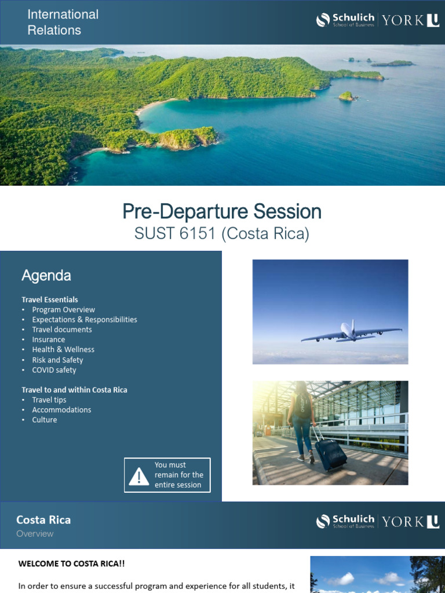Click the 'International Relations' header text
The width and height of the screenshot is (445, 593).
[63, 22]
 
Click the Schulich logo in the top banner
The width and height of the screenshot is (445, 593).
[345, 20]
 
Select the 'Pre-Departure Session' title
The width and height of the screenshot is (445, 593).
[222, 212]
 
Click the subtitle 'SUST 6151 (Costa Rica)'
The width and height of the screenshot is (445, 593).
[222, 234]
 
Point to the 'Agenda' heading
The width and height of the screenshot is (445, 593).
[46, 276]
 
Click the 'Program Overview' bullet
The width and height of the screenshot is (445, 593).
[63, 310]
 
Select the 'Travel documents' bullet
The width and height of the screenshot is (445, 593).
[62, 330]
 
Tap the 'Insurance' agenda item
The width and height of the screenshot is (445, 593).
[49, 340]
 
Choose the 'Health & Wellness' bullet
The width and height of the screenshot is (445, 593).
[63, 350]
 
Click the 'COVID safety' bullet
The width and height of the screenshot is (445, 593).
[54, 370]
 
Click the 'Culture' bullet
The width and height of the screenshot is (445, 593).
[45, 420]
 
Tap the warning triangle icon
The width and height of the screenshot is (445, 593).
[139, 477]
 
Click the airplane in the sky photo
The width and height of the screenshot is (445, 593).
[349, 332]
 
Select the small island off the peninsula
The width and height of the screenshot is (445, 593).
[346, 96]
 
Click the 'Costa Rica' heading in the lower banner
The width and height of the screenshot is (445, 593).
[43, 520]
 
